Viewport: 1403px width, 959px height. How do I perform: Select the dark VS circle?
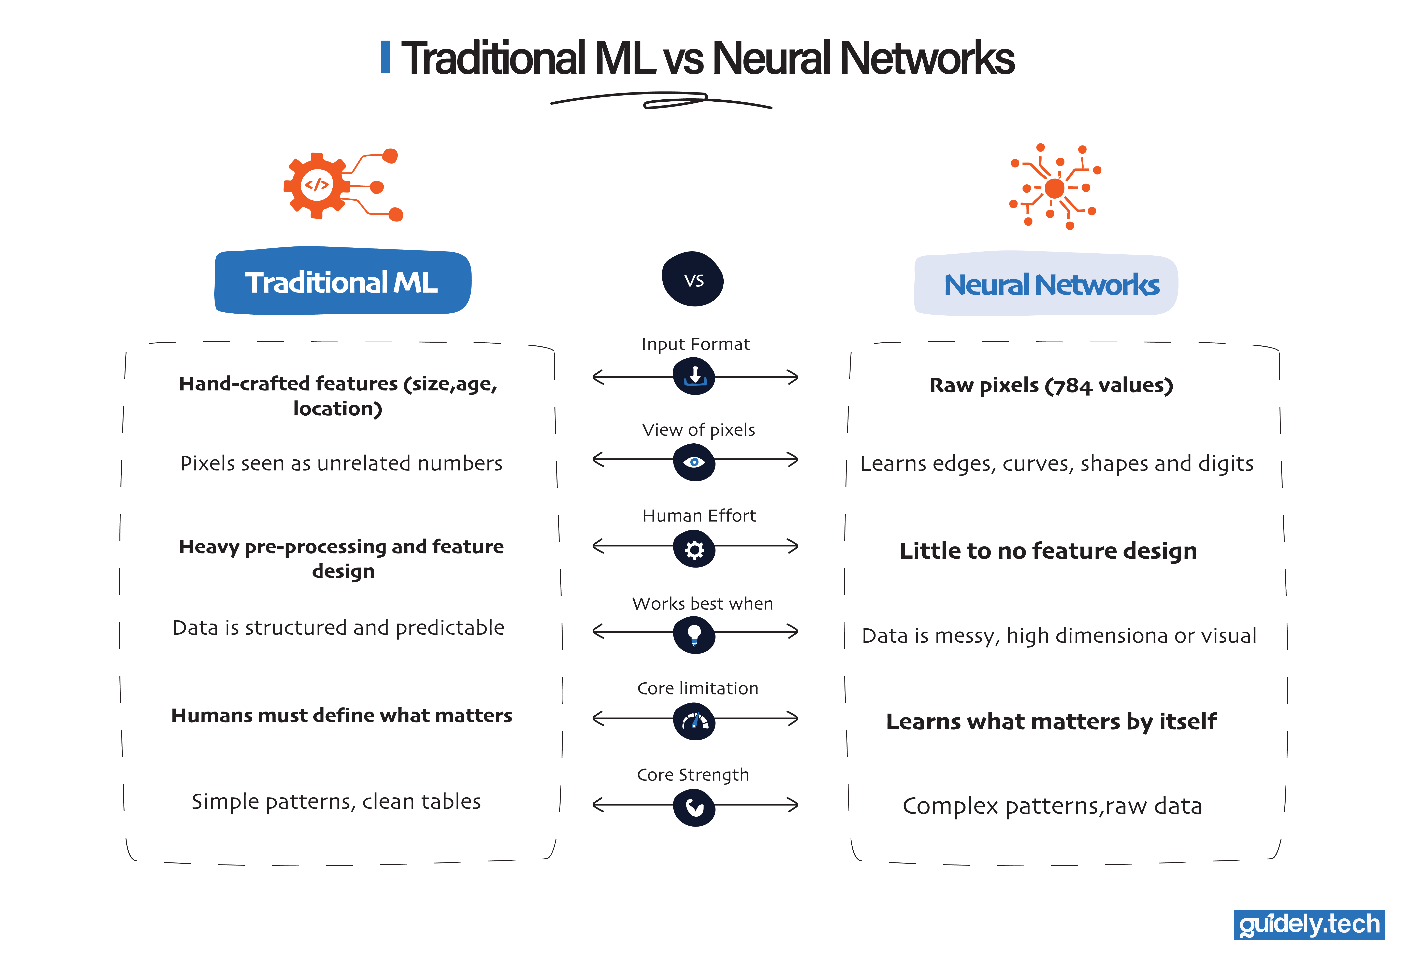693,280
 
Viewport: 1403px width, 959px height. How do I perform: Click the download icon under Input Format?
694,376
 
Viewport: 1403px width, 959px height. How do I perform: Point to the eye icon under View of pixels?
694,462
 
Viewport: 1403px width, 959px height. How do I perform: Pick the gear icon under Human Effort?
694,549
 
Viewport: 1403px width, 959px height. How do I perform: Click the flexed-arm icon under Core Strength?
694,807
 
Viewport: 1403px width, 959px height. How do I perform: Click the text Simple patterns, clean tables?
336,801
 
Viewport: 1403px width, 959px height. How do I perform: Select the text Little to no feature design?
1048,551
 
